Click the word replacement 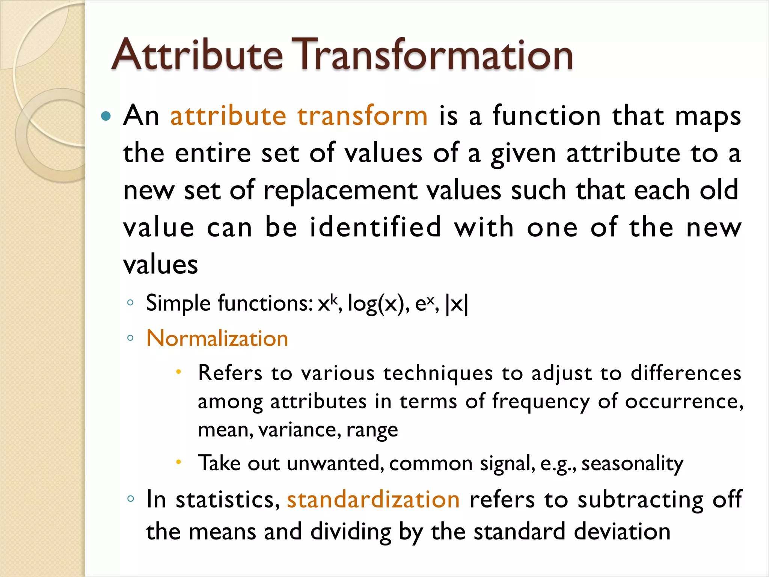coord(340,190)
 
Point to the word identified coord(375,227)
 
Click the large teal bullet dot coord(106,116)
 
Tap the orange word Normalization coord(217,338)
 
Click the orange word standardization coord(373,500)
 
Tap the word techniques coord(438,373)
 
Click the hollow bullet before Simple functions coord(130,303)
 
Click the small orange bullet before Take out coord(179,462)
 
